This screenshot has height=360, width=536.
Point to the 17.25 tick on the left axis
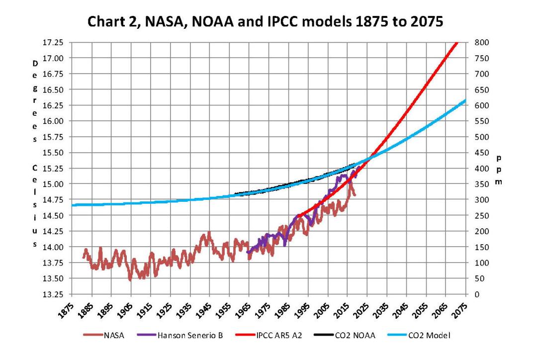(x=55, y=42)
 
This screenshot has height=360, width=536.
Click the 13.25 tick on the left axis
(x=55, y=294)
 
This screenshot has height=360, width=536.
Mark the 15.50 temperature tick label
(x=55, y=153)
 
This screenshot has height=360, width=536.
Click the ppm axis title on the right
(x=499, y=170)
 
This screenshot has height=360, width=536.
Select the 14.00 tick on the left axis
(x=55, y=247)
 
